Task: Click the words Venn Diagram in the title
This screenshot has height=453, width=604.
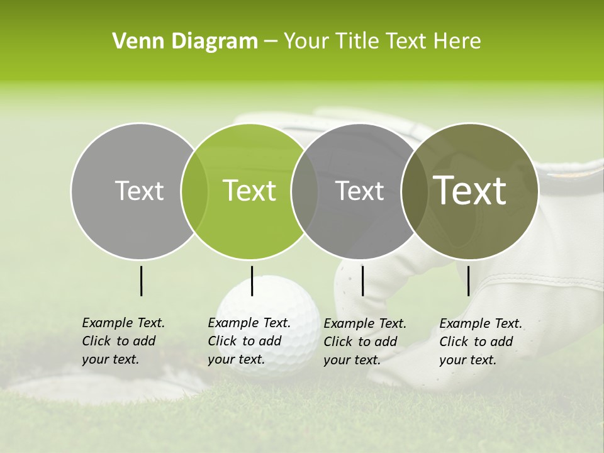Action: (184, 42)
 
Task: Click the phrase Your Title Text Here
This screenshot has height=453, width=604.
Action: (382, 42)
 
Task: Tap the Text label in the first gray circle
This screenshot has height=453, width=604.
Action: (139, 191)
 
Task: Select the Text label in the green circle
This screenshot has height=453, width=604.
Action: (249, 191)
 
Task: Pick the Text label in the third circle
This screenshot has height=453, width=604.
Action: (359, 191)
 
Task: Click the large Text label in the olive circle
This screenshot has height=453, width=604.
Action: (470, 191)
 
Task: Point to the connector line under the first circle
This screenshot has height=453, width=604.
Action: (141, 281)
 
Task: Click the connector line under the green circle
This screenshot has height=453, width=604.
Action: (252, 281)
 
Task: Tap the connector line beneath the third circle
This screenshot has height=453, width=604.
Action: (362, 281)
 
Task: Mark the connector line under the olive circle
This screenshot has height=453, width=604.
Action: (468, 281)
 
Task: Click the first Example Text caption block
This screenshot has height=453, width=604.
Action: (123, 341)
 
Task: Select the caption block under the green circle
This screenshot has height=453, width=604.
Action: (249, 341)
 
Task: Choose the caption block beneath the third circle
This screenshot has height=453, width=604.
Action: (365, 342)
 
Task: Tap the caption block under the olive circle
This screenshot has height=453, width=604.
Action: (481, 342)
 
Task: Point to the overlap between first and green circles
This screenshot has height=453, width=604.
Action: (194, 191)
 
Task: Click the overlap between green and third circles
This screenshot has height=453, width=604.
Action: (305, 191)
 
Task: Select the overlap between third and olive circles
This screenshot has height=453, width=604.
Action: (414, 191)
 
